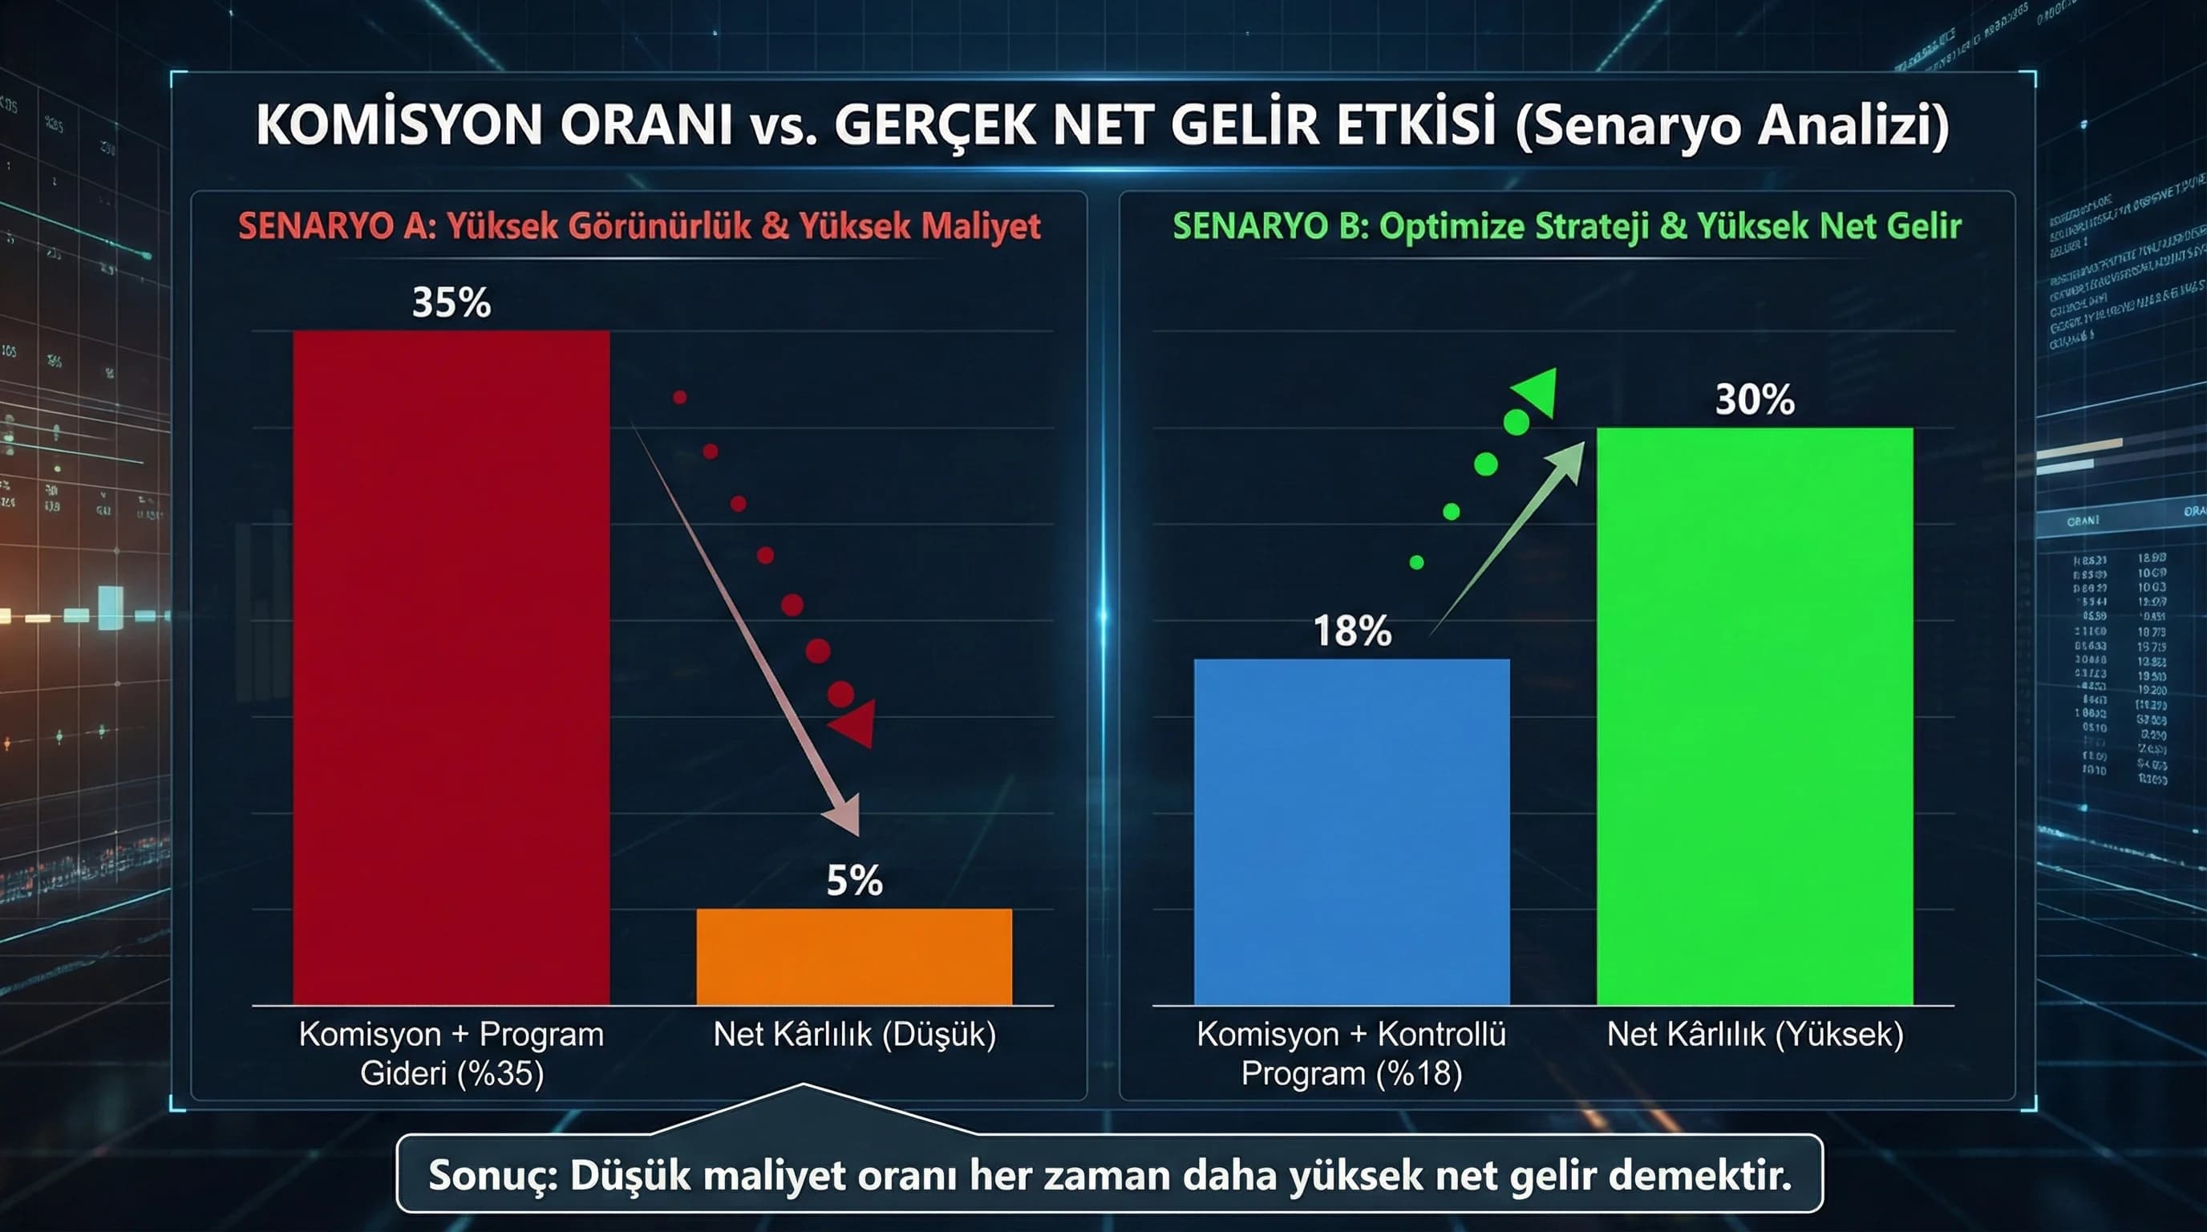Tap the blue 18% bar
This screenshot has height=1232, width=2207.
click(x=1351, y=831)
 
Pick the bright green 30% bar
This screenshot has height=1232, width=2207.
click(x=1755, y=715)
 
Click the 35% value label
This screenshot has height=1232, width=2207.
click(x=452, y=302)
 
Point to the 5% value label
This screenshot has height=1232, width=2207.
click(x=854, y=881)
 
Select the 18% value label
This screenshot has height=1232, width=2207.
click(x=1352, y=630)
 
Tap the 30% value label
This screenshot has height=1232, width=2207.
click(x=1755, y=400)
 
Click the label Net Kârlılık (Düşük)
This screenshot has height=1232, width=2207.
click(x=854, y=1035)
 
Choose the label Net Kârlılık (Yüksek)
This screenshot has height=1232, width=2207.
click(x=1755, y=1035)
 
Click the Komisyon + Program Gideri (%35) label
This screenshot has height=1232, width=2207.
click(x=452, y=1054)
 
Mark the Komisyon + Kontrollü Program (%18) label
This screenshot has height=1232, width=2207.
click(x=1351, y=1054)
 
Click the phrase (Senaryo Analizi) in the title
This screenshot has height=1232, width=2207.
click(x=1731, y=125)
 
